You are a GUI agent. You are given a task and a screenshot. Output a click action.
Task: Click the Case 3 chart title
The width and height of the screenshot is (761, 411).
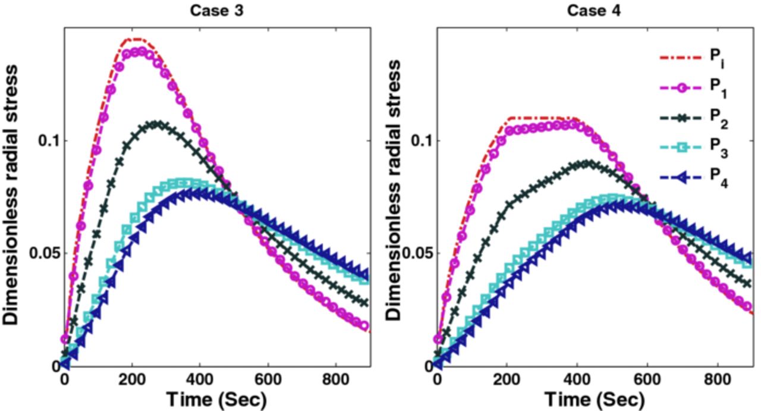pos(217,11)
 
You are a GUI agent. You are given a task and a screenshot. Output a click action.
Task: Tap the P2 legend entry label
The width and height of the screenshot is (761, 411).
pos(716,118)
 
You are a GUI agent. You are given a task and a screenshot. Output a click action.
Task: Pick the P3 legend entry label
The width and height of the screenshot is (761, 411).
pos(716,149)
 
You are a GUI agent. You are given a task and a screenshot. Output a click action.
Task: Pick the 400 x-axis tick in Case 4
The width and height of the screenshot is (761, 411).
pos(574,381)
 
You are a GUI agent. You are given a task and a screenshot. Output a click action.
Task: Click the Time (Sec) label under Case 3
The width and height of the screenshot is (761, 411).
pos(217,399)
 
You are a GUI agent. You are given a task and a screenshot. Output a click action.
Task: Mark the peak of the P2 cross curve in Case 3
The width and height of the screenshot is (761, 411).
pos(157,124)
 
